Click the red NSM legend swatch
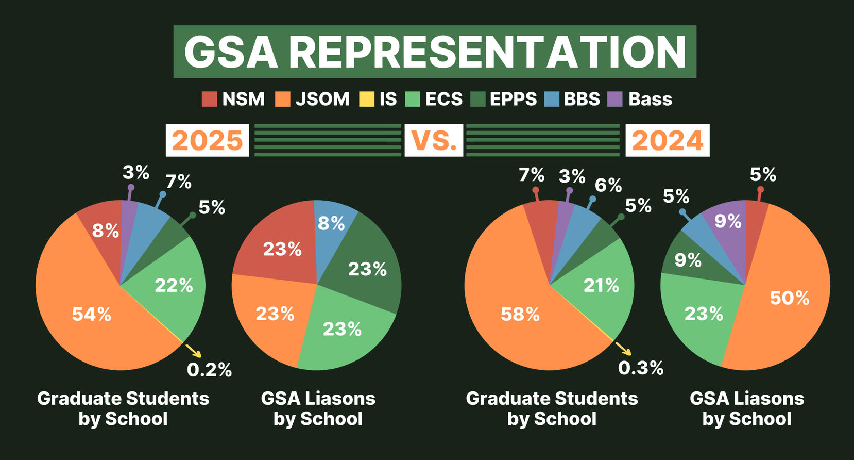coord(209,99)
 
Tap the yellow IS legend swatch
coord(366,99)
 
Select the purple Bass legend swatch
coord(615,99)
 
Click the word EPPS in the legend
coord(513,99)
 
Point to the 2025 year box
coord(207,140)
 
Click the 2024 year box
coord(667,140)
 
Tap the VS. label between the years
coord(434,140)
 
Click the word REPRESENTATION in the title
coord(488,52)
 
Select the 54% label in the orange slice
coord(91,314)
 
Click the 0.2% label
coord(209,370)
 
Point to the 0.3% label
coord(640,368)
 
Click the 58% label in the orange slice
coord(520,314)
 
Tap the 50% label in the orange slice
coord(789,298)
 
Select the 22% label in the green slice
coord(174,285)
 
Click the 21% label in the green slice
coord(601,285)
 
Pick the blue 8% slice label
coord(331,223)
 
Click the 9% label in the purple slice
coord(728,221)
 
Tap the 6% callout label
coord(608,185)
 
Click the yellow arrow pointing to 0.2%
coord(193,351)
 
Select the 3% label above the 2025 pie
coord(136,173)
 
